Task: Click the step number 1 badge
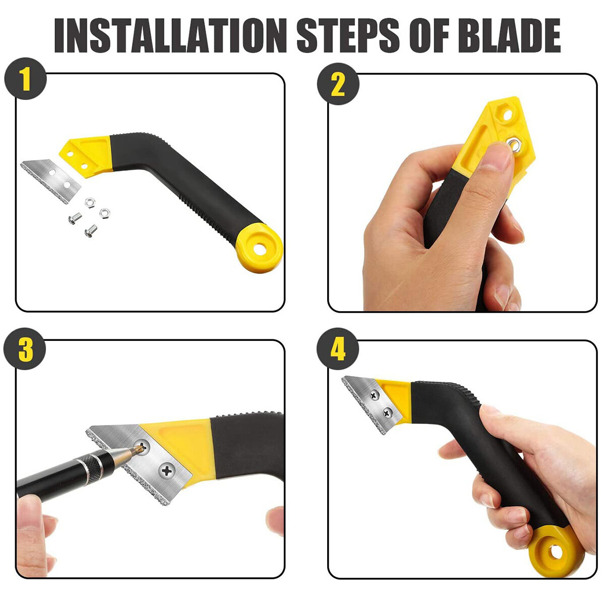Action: pos(25,81)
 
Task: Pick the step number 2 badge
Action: pos(338,84)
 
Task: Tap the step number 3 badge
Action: pos(25,349)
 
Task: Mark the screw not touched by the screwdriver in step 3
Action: pos(166,471)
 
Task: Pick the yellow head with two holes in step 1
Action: pos(83,154)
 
